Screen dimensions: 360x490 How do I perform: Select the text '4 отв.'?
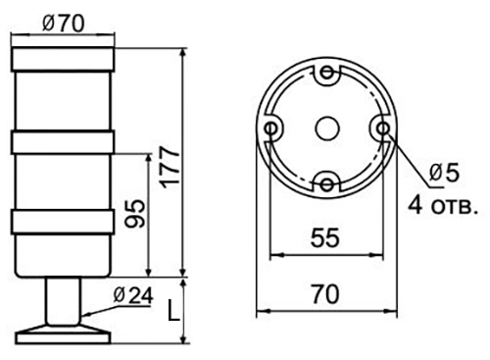(x=441, y=205)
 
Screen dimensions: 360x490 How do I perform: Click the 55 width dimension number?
(x=324, y=236)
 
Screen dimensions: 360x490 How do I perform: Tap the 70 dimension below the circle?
(x=324, y=293)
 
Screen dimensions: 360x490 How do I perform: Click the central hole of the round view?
(x=324, y=127)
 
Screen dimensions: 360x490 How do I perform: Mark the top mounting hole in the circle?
(x=324, y=73)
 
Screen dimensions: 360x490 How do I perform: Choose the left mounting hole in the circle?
(x=270, y=127)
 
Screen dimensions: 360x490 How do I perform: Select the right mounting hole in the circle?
(x=379, y=128)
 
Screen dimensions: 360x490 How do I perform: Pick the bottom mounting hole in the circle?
(x=324, y=181)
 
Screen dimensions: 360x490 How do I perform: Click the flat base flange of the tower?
(x=62, y=332)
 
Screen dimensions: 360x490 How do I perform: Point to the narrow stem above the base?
(x=62, y=299)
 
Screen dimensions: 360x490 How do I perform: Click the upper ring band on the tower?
(x=62, y=143)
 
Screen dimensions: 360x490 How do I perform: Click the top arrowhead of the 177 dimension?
(x=183, y=49)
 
